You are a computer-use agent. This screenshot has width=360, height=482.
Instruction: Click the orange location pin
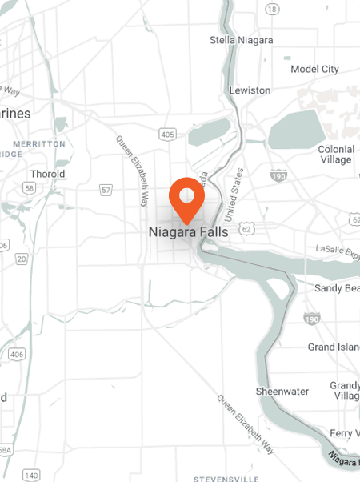click(187, 196)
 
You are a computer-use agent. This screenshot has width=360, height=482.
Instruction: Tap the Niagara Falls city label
click(189, 231)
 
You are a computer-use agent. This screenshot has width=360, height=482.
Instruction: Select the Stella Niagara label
click(241, 40)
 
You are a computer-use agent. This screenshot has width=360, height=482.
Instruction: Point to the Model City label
click(314, 69)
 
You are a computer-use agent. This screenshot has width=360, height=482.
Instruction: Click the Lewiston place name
click(250, 90)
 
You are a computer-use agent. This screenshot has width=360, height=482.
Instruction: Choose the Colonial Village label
click(336, 155)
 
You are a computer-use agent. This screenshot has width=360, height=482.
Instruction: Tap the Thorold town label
click(47, 174)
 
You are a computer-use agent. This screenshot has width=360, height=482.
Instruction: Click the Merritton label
click(39, 143)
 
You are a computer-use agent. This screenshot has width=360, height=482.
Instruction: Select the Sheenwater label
click(282, 391)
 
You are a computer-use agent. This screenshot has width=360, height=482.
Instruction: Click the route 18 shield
click(273, 9)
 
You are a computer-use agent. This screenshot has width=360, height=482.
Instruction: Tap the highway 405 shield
click(166, 133)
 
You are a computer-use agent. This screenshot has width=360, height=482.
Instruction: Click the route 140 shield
click(30, 476)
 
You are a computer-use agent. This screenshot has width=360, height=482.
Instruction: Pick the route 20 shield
click(22, 258)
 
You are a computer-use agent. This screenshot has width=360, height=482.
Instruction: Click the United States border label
click(234, 195)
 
